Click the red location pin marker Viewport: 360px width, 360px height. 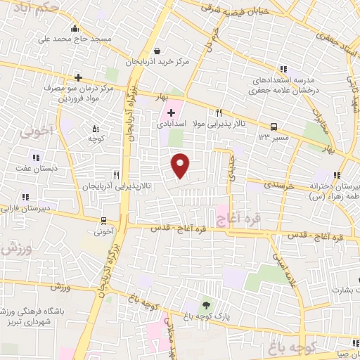coord(181,165)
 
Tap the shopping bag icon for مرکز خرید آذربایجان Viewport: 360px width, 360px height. coord(157,51)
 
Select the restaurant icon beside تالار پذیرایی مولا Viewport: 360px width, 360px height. coord(219,112)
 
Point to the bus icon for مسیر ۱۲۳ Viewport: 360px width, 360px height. coord(273,127)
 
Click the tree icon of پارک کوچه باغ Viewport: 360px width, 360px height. coord(206,304)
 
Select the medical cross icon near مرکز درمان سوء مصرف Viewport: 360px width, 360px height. coord(78,77)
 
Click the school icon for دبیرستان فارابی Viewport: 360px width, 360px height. coord(25,197)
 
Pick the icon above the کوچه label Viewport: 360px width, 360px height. coord(96,128)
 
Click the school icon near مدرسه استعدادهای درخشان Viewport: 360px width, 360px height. coord(283,69)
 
